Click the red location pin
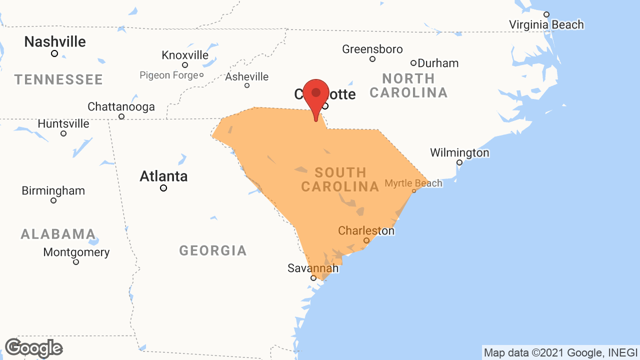315,95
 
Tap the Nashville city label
55,41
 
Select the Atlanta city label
163,176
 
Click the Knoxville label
185,55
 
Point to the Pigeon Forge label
169,75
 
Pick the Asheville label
246,77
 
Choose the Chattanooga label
121,107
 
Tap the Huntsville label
63,123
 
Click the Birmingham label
53,191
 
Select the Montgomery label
76,252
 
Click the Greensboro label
372,49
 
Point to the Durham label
438,63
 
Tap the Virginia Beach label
546,24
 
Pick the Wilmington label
459,152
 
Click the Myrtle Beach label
413,183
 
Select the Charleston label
366,231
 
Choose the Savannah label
313,268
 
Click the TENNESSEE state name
58,79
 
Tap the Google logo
33,348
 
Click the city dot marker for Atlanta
163,188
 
